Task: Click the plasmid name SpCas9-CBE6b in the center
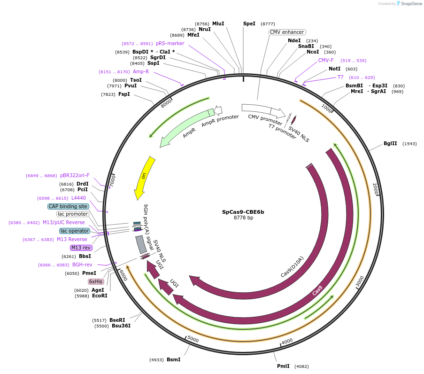pos(243,212)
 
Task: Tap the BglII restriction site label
pos(390,144)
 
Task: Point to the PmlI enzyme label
pos(283,366)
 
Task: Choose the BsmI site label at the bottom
pos(173,359)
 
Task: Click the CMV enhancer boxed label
pos(287,32)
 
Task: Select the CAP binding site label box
pos(68,206)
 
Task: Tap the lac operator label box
pos(74,231)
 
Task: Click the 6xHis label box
pos(96,281)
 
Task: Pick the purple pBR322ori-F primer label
pos(75,176)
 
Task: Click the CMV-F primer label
pos(326,60)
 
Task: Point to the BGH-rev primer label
pos(82,265)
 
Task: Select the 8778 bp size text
pos(243,218)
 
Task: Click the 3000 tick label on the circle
pos(360,282)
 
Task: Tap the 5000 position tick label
pos(193,339)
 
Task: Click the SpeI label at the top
pos(249,23)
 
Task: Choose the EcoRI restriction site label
pos(100,296)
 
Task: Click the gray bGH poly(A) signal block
pos(140,244)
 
